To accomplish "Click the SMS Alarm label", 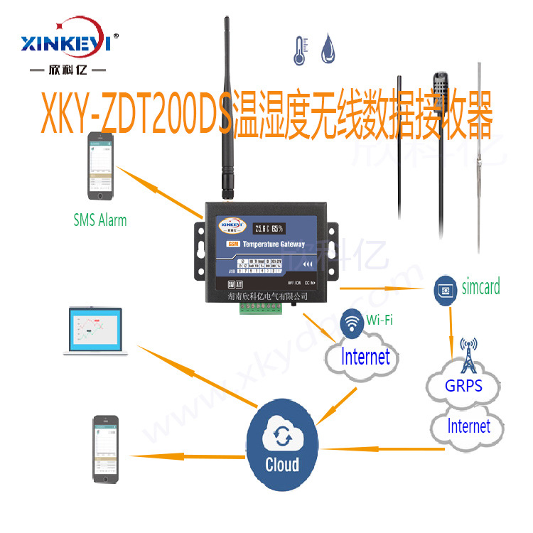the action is click(100, 220).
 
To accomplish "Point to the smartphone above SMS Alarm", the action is click(99, 168).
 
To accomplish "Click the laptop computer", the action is click(98, 332).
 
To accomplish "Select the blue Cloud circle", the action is click(282, 443).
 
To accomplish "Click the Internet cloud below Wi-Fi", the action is click(365, 357).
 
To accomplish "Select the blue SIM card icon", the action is click(445, 290).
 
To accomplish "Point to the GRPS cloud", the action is click(463, 386).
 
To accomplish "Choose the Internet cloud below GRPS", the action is click(468, 426).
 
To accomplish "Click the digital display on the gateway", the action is click(268, 229).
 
